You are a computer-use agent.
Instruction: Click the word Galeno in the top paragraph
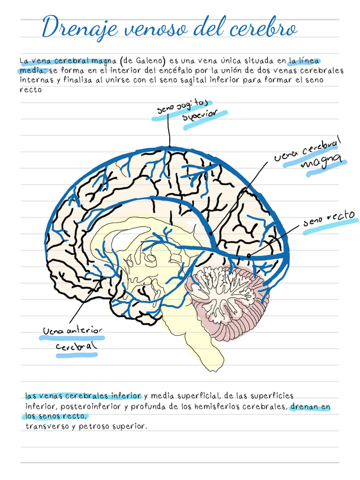[x=149, y=61]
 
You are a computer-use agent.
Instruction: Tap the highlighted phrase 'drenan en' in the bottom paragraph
[x=310, y=407]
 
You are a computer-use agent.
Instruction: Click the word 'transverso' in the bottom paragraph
[x=46, y=426]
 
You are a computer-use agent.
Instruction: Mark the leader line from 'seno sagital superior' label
[x=169, y=133]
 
